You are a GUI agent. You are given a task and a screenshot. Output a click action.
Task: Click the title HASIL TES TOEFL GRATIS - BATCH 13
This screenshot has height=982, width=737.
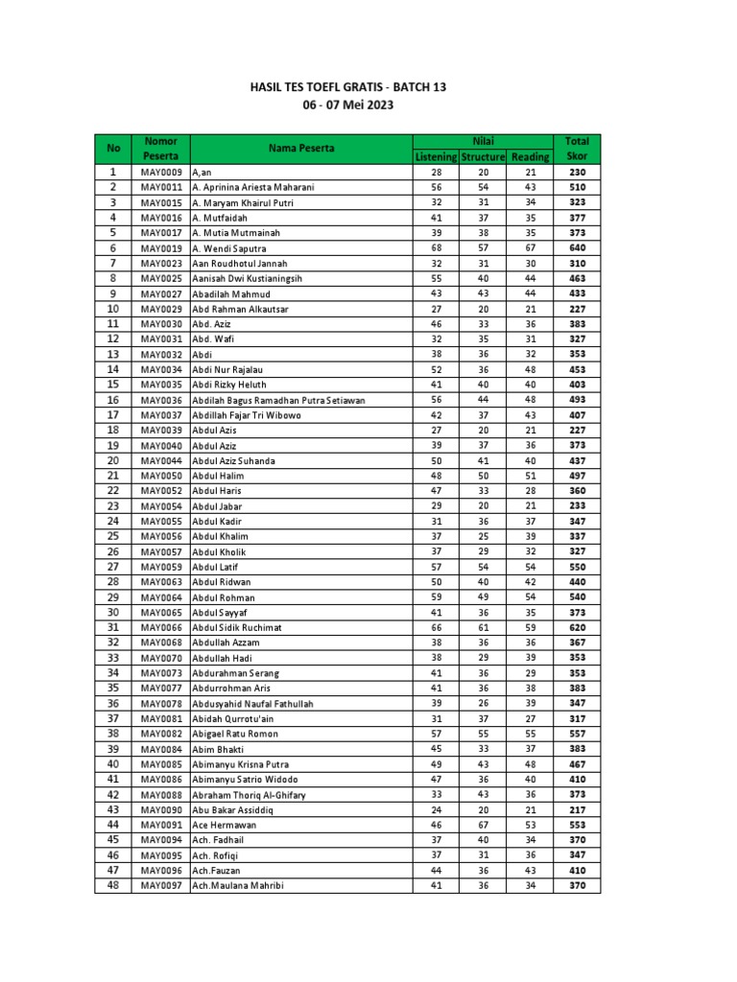[348, 87]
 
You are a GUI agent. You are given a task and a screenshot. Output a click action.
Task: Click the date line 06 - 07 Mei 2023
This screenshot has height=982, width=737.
[348, 105]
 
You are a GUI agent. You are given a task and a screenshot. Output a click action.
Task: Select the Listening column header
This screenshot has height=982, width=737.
[436, 156]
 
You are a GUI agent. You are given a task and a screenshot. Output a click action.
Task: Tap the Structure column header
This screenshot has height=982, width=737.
[483, 156]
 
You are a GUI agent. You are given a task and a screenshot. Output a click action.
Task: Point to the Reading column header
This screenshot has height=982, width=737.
[531, 156]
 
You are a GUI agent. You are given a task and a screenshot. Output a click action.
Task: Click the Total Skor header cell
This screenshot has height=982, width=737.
[578, 148]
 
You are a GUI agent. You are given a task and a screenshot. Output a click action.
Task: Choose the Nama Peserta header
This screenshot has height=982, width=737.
[301, 148]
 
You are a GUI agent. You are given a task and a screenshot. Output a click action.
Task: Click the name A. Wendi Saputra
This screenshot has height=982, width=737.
[229, 248]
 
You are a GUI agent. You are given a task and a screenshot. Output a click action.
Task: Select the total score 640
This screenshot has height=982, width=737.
[578, 248]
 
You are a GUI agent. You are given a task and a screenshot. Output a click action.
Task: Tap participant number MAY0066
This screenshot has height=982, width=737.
[161, 627]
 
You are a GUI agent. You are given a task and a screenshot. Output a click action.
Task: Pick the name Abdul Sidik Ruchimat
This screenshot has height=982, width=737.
[237, 627]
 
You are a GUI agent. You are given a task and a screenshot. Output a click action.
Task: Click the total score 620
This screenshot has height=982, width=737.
[578, 627]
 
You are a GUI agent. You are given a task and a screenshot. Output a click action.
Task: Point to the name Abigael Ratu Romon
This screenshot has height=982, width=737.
[234, 734]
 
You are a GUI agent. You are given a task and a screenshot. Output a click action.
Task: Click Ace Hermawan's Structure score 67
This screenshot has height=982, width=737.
[484, 825]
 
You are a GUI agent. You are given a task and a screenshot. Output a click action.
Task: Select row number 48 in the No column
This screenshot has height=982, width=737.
[113, 885]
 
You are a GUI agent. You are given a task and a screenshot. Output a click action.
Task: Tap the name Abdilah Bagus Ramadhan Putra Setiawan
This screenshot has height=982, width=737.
[278, 400]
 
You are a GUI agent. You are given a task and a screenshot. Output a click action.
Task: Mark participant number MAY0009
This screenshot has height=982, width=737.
[161, 172]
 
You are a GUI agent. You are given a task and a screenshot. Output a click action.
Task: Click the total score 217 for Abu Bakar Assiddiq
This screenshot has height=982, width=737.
[578, 809]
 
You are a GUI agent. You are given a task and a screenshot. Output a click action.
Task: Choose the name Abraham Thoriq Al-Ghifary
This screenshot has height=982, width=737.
[250, 794]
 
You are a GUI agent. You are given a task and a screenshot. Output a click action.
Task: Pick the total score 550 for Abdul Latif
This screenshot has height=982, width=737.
[578, 567]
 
